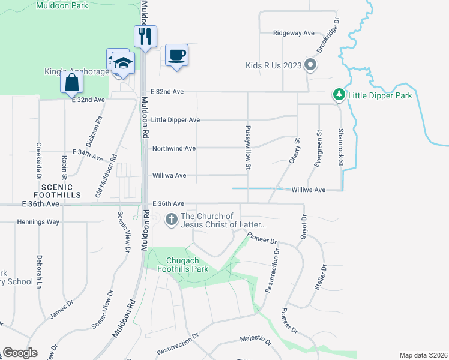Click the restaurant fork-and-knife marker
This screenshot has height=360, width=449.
[145, 37]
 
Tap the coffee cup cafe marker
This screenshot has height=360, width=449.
[176, 55]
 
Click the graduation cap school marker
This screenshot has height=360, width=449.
[123, 63]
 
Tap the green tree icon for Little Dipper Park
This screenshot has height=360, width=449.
[339, 95]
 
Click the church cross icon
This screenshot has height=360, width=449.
[171, 220]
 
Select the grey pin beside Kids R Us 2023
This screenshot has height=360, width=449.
[310, 65]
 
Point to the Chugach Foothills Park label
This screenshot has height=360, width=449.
[179, 265]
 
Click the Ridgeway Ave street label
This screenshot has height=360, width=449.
[294, 33]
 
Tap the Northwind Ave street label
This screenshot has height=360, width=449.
[174, 148]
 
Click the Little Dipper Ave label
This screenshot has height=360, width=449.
[175, 120]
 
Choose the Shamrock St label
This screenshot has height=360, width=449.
[340, 146]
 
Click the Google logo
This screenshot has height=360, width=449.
[20, 353]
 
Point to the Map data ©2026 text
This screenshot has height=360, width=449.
[423, 355]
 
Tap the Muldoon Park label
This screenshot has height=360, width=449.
[62, 5]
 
